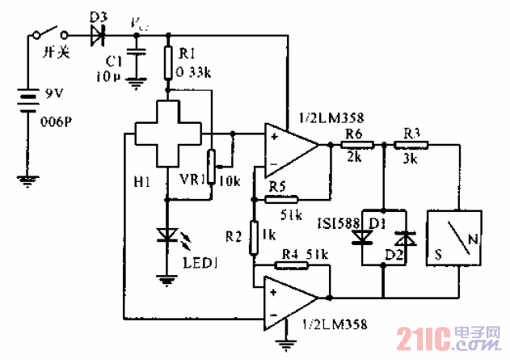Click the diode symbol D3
pyautogui.click(x=99, y=35)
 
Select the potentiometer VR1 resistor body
pyautogui.click(x=213, y=167)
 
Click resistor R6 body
pyautogui.click(x=356, y=146)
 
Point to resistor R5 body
pyautogui.click(x=280, y=198)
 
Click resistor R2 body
pyautogui.click(x=253, y=235)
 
